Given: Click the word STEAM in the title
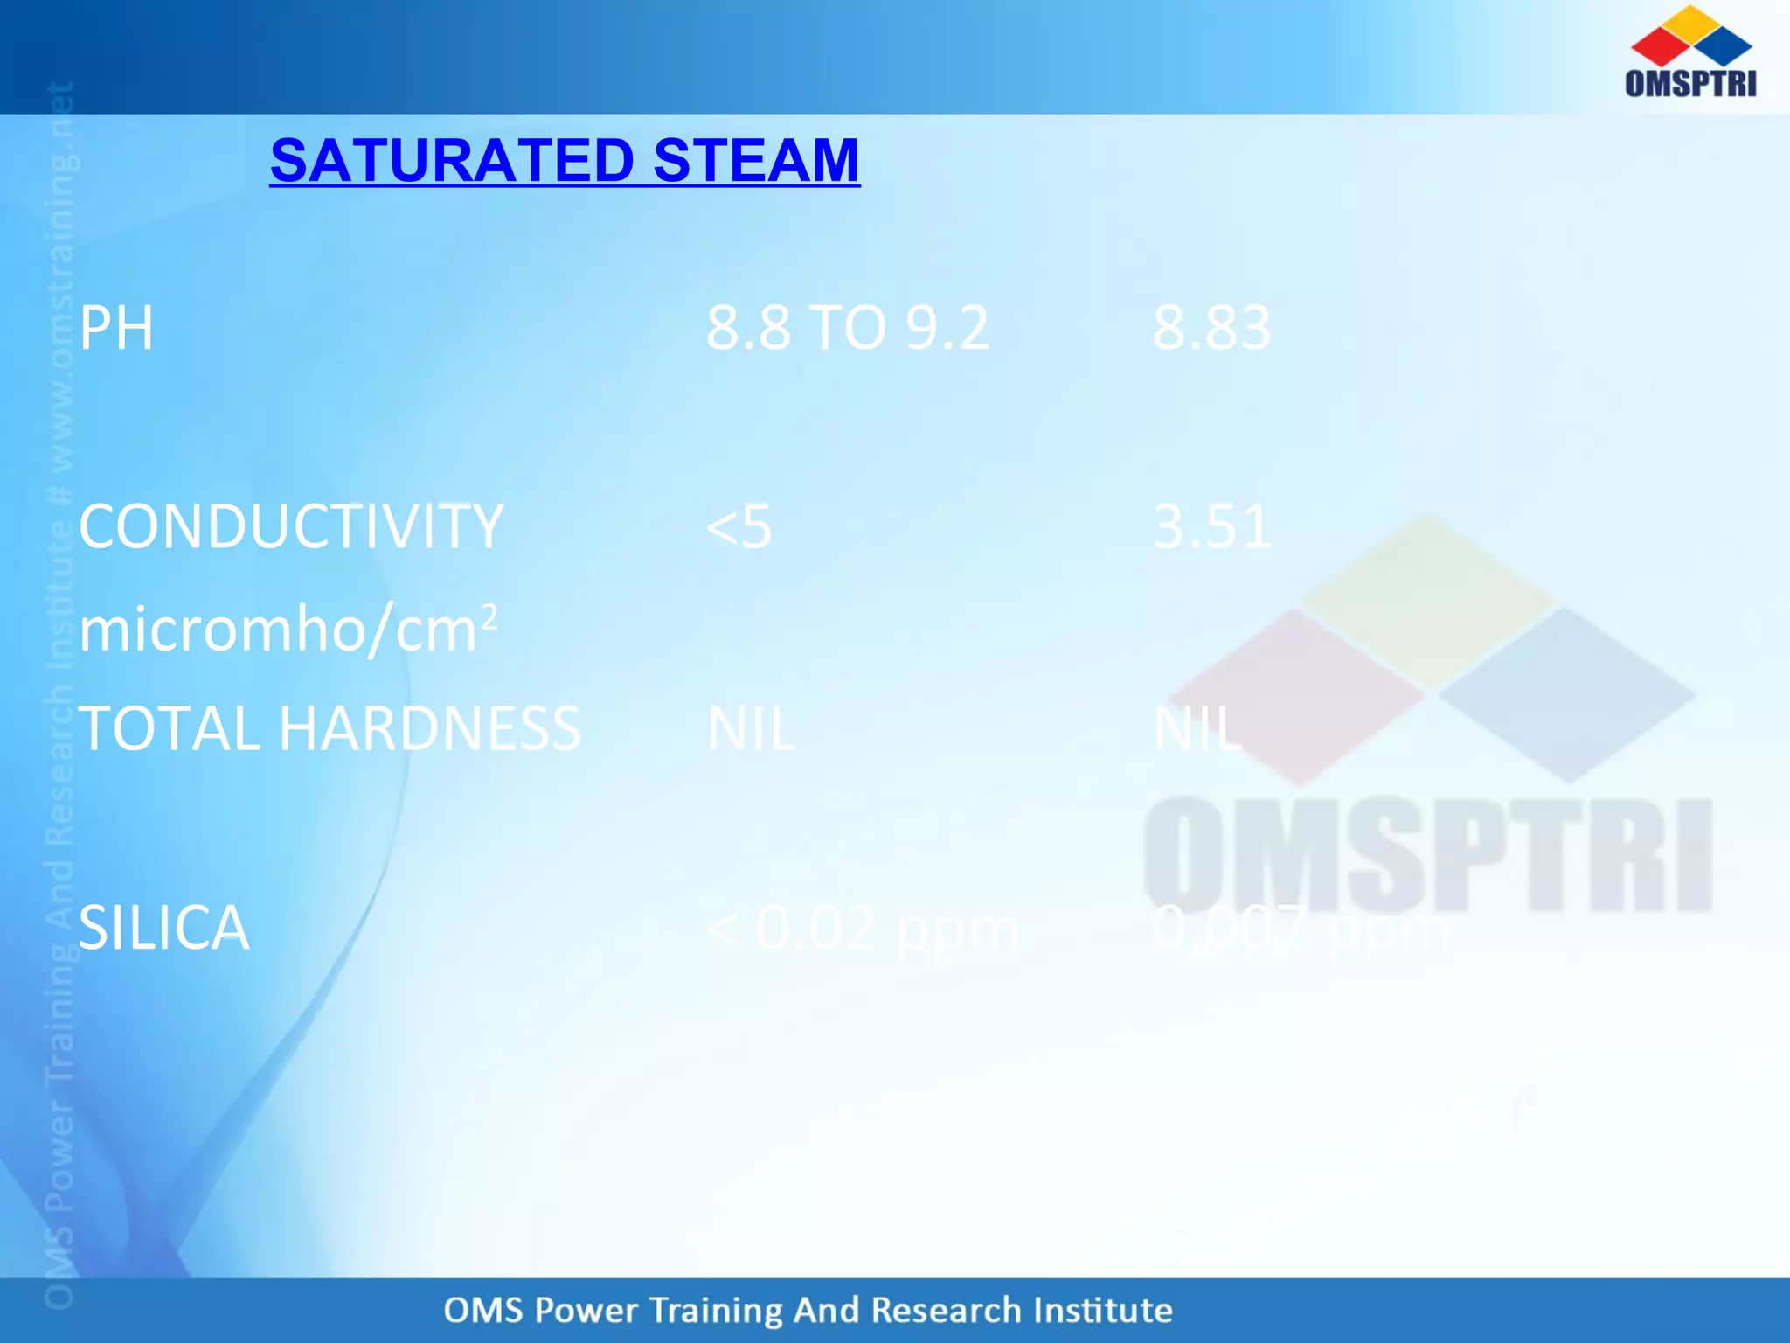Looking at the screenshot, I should (756, 161).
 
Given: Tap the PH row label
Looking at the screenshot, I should (116, 328).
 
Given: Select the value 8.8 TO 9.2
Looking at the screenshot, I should (847, 328).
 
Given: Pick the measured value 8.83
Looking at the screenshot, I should (1211, 328).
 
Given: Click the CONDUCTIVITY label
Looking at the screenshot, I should (291, 526).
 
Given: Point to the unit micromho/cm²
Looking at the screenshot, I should (288, 630).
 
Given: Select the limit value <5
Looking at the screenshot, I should (739, 527).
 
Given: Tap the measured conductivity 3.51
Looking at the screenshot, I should (1212, 526).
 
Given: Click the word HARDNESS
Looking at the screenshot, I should (429, 728).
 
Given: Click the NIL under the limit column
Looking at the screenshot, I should (751, 728).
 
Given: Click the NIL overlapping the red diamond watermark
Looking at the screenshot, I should (1197, 728).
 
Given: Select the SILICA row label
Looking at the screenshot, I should (164, 928).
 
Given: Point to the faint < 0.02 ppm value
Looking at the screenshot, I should (862, 928).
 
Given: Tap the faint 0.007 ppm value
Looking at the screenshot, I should (1300, 928).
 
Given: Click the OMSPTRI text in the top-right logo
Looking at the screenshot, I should (1690, 83).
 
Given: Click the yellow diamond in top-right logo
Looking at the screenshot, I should (1691, 23).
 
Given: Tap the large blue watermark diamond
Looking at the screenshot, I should (1567, 695).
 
